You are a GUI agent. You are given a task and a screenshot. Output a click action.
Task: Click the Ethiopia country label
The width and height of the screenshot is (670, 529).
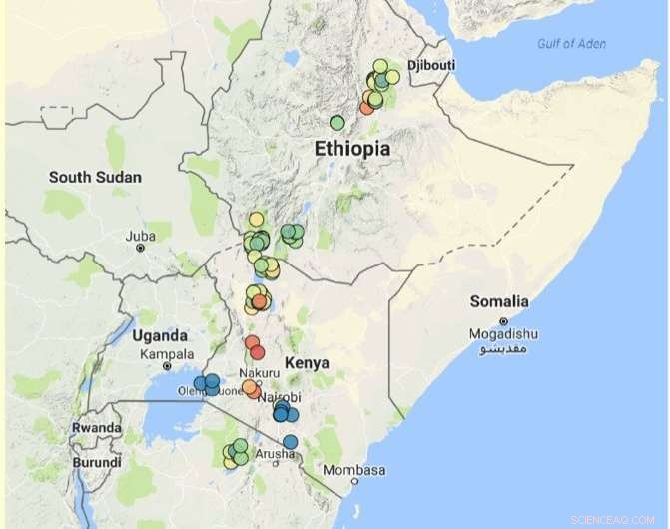pos(351,149)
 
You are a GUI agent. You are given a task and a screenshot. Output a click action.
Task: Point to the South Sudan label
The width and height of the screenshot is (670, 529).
pos(95,178)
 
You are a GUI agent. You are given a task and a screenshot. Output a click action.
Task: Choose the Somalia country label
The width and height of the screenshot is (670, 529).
pos(499,301)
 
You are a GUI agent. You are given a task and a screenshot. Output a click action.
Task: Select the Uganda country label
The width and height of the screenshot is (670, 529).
pos(159,335)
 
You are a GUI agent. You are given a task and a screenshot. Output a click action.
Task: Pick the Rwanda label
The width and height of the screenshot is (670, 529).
pos(97,428)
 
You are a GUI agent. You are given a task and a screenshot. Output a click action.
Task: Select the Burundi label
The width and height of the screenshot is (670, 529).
pos(97,463)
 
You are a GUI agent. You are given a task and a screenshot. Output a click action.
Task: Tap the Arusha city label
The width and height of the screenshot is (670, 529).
pos(275,454)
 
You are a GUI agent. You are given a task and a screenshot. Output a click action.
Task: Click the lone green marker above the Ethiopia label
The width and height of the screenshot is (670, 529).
pos(337,123)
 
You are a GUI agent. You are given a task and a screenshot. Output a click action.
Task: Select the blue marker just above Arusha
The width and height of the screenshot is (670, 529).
pos(290,441)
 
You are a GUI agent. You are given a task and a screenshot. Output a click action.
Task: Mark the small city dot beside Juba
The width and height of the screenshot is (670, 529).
pos(140,247)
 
